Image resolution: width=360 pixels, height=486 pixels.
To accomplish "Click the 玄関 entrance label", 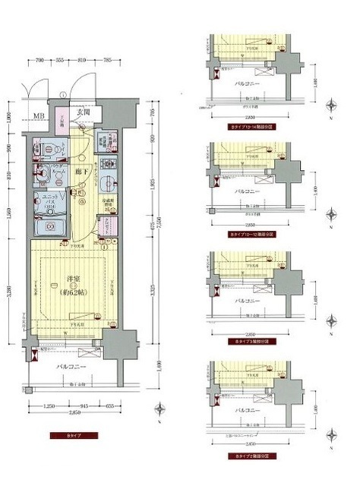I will (x=84, y=113).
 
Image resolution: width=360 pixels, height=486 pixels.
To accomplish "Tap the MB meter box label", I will (x=38, y=116).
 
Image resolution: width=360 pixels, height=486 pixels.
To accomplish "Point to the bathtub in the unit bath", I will (x=48, y=227).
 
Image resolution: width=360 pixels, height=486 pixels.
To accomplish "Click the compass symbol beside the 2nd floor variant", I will (x=332, y=432).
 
